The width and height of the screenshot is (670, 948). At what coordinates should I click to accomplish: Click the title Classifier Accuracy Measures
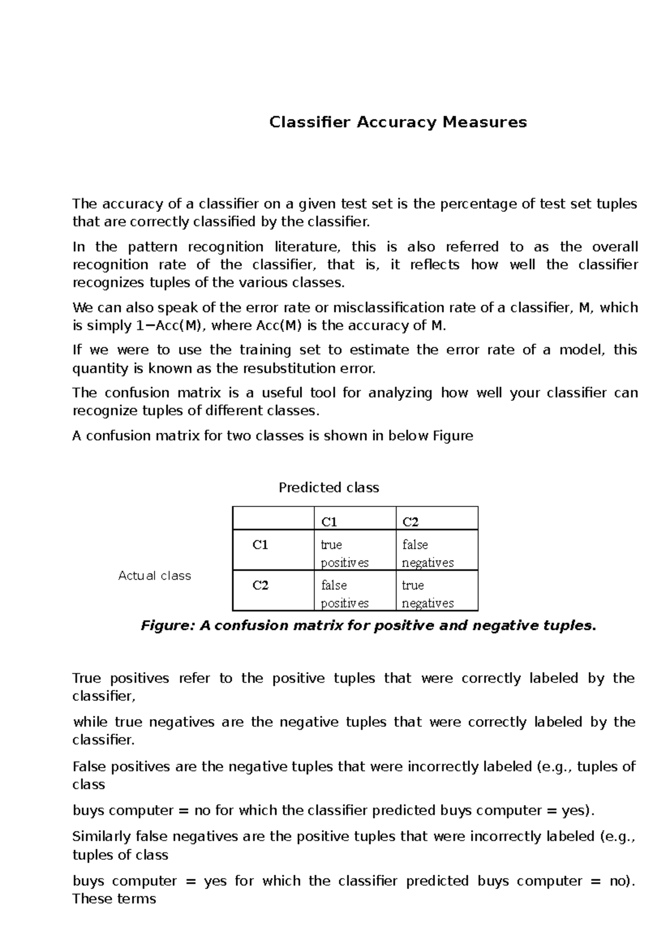(x=398, y=122)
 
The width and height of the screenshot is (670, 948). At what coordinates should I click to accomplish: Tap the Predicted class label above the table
(x=328, y=487)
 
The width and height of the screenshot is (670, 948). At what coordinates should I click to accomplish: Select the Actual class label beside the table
(x=155, y=576)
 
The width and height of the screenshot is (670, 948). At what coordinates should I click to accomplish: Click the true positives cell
(x=344, y=553)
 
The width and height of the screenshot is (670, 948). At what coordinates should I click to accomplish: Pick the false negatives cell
(x=428, y=553)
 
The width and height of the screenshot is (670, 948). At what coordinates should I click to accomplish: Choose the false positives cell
(x=344, y=594)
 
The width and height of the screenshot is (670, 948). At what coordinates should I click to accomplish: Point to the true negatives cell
(x=428, y=594)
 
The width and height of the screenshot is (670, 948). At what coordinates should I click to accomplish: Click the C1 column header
(x=329, y=522)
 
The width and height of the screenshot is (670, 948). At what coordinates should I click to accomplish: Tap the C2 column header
(x=410, y=522)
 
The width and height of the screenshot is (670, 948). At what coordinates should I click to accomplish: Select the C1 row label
(x=260, y=545)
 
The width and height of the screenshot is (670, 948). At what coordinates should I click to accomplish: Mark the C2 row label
(x=260, y=585)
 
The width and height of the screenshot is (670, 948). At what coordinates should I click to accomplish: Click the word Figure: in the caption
(x=167, y=626)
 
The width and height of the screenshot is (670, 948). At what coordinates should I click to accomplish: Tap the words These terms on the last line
(x=114, y=899)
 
